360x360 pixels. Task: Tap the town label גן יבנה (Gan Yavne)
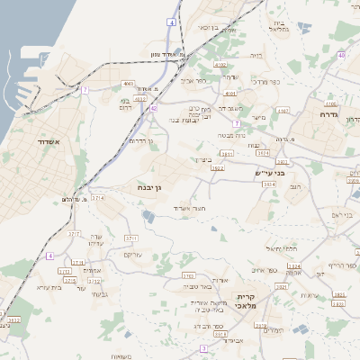point(148,187)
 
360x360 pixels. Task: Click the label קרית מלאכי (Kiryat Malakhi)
point(247,301)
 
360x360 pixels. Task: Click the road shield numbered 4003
point(130,84)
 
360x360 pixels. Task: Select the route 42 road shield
point(154,108)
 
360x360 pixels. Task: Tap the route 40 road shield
point(342,56)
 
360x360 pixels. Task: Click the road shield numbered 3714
point(97,197)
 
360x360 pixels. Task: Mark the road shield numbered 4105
point(330,103)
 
